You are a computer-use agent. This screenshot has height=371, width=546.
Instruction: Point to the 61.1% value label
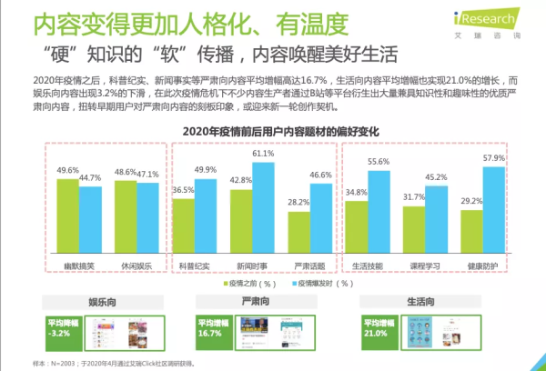[x=263, y=154]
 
